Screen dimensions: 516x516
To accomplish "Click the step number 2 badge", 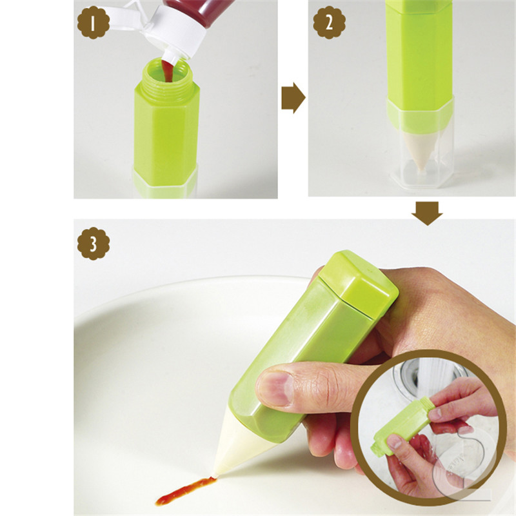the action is [329, 23].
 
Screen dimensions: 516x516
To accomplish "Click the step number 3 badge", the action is [94, 244].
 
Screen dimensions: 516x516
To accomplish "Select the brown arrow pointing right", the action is [293, 98].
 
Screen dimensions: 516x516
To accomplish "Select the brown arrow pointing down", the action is [427, 213].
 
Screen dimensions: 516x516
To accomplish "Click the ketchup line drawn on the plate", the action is [185, 490].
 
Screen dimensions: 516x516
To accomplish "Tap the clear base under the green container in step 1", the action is [165, 183].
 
